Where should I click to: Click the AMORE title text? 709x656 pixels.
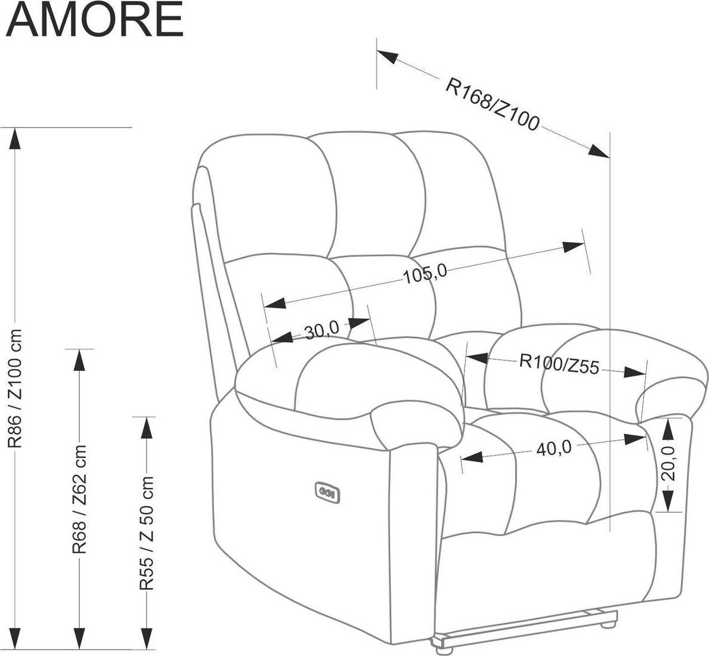tap(94, 19)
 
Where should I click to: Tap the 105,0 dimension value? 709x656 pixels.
tap(425, 273)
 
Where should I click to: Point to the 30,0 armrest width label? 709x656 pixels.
tap(321, 331)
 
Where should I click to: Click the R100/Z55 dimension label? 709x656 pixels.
tap(559, 364)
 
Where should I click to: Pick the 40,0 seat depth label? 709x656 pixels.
tap(554, 448)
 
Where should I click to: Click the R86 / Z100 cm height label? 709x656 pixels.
tap(16, 388)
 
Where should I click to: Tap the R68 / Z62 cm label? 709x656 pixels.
tap(79, 499)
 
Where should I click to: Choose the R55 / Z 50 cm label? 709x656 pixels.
tap(147, 533)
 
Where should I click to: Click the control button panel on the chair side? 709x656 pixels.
tap(327, 492)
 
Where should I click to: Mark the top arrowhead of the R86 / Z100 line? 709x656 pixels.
tap(16, 138)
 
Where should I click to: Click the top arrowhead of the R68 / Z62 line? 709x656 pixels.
tap(79, 360)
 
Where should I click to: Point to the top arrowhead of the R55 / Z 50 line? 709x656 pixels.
tap(147, 427)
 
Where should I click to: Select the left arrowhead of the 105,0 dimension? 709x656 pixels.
tap(275, 304)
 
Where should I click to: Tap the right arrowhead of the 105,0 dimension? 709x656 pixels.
tap(574, 246)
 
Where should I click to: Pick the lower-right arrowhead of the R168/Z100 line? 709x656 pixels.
tap(599, 151)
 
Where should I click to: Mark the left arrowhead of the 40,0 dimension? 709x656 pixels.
tap(472, 457)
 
